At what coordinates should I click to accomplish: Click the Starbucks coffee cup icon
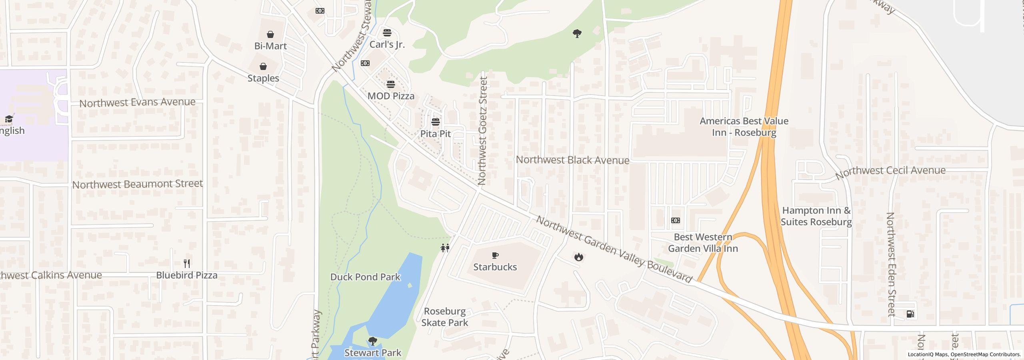point(495,255)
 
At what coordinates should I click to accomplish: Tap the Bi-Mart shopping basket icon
point(270,34)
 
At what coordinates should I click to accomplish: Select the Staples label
point(263,78)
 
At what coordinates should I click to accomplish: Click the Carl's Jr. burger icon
point(387,32)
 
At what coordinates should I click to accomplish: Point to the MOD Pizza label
point(391,96)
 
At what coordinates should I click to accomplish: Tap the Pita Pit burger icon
point(435,122)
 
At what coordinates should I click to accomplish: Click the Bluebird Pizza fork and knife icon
point(186,263)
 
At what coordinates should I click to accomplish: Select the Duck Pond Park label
point(365,277)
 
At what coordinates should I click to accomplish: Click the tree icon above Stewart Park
point(372,341)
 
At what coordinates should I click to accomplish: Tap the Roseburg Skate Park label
point(444,317)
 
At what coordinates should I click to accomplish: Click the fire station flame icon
point(578,257)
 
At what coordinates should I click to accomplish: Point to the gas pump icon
point(910,314)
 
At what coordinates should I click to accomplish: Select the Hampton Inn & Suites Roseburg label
point(816,216)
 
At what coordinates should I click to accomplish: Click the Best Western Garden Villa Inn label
point(703,243)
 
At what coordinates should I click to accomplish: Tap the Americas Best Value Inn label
point(744,126)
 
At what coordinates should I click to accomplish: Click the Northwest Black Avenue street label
point(572,160)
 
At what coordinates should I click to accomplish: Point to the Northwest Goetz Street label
point(482,131)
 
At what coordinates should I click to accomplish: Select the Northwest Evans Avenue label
point(137,102)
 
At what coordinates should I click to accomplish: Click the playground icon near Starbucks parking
point(445,248)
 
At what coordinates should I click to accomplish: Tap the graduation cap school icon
point(8,119)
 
